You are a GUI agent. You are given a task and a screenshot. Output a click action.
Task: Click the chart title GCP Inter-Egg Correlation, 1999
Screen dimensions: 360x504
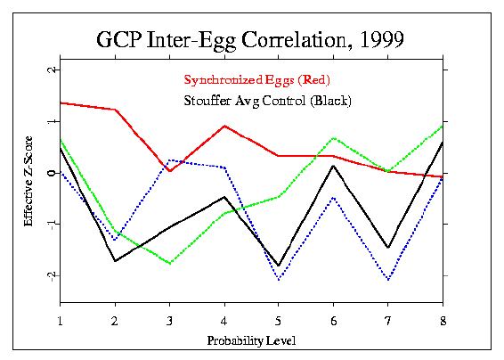click(251, 40)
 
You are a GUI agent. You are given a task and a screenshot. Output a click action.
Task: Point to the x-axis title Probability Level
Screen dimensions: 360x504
click(250, 340)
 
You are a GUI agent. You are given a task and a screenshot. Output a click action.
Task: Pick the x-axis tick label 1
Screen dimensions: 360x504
click(60, 320)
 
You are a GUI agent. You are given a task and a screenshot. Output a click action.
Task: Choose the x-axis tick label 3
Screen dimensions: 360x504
click(169, 320)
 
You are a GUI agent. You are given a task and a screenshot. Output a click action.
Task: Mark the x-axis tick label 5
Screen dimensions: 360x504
click(279, 320)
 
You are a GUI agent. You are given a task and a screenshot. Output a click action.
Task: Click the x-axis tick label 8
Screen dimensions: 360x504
click(443, 320)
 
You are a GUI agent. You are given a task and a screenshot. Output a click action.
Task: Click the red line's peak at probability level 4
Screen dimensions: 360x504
click(224, 126)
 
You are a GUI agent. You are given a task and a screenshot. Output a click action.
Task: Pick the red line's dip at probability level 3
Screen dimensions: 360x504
click(169, 170)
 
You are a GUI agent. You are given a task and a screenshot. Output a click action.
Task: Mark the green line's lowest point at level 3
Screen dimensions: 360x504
click(169, 264)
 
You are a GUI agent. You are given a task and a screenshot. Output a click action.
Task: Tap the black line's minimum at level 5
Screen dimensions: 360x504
click(279, 266)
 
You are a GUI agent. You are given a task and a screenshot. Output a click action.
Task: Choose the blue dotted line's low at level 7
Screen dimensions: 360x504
click(388, 280)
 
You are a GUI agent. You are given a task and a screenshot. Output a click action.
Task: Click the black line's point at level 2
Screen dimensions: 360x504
click(115, 261)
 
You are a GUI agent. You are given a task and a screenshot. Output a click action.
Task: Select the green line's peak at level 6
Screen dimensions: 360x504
click(333, 138)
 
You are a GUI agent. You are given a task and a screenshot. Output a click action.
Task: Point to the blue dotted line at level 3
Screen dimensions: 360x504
click(169, 160)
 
